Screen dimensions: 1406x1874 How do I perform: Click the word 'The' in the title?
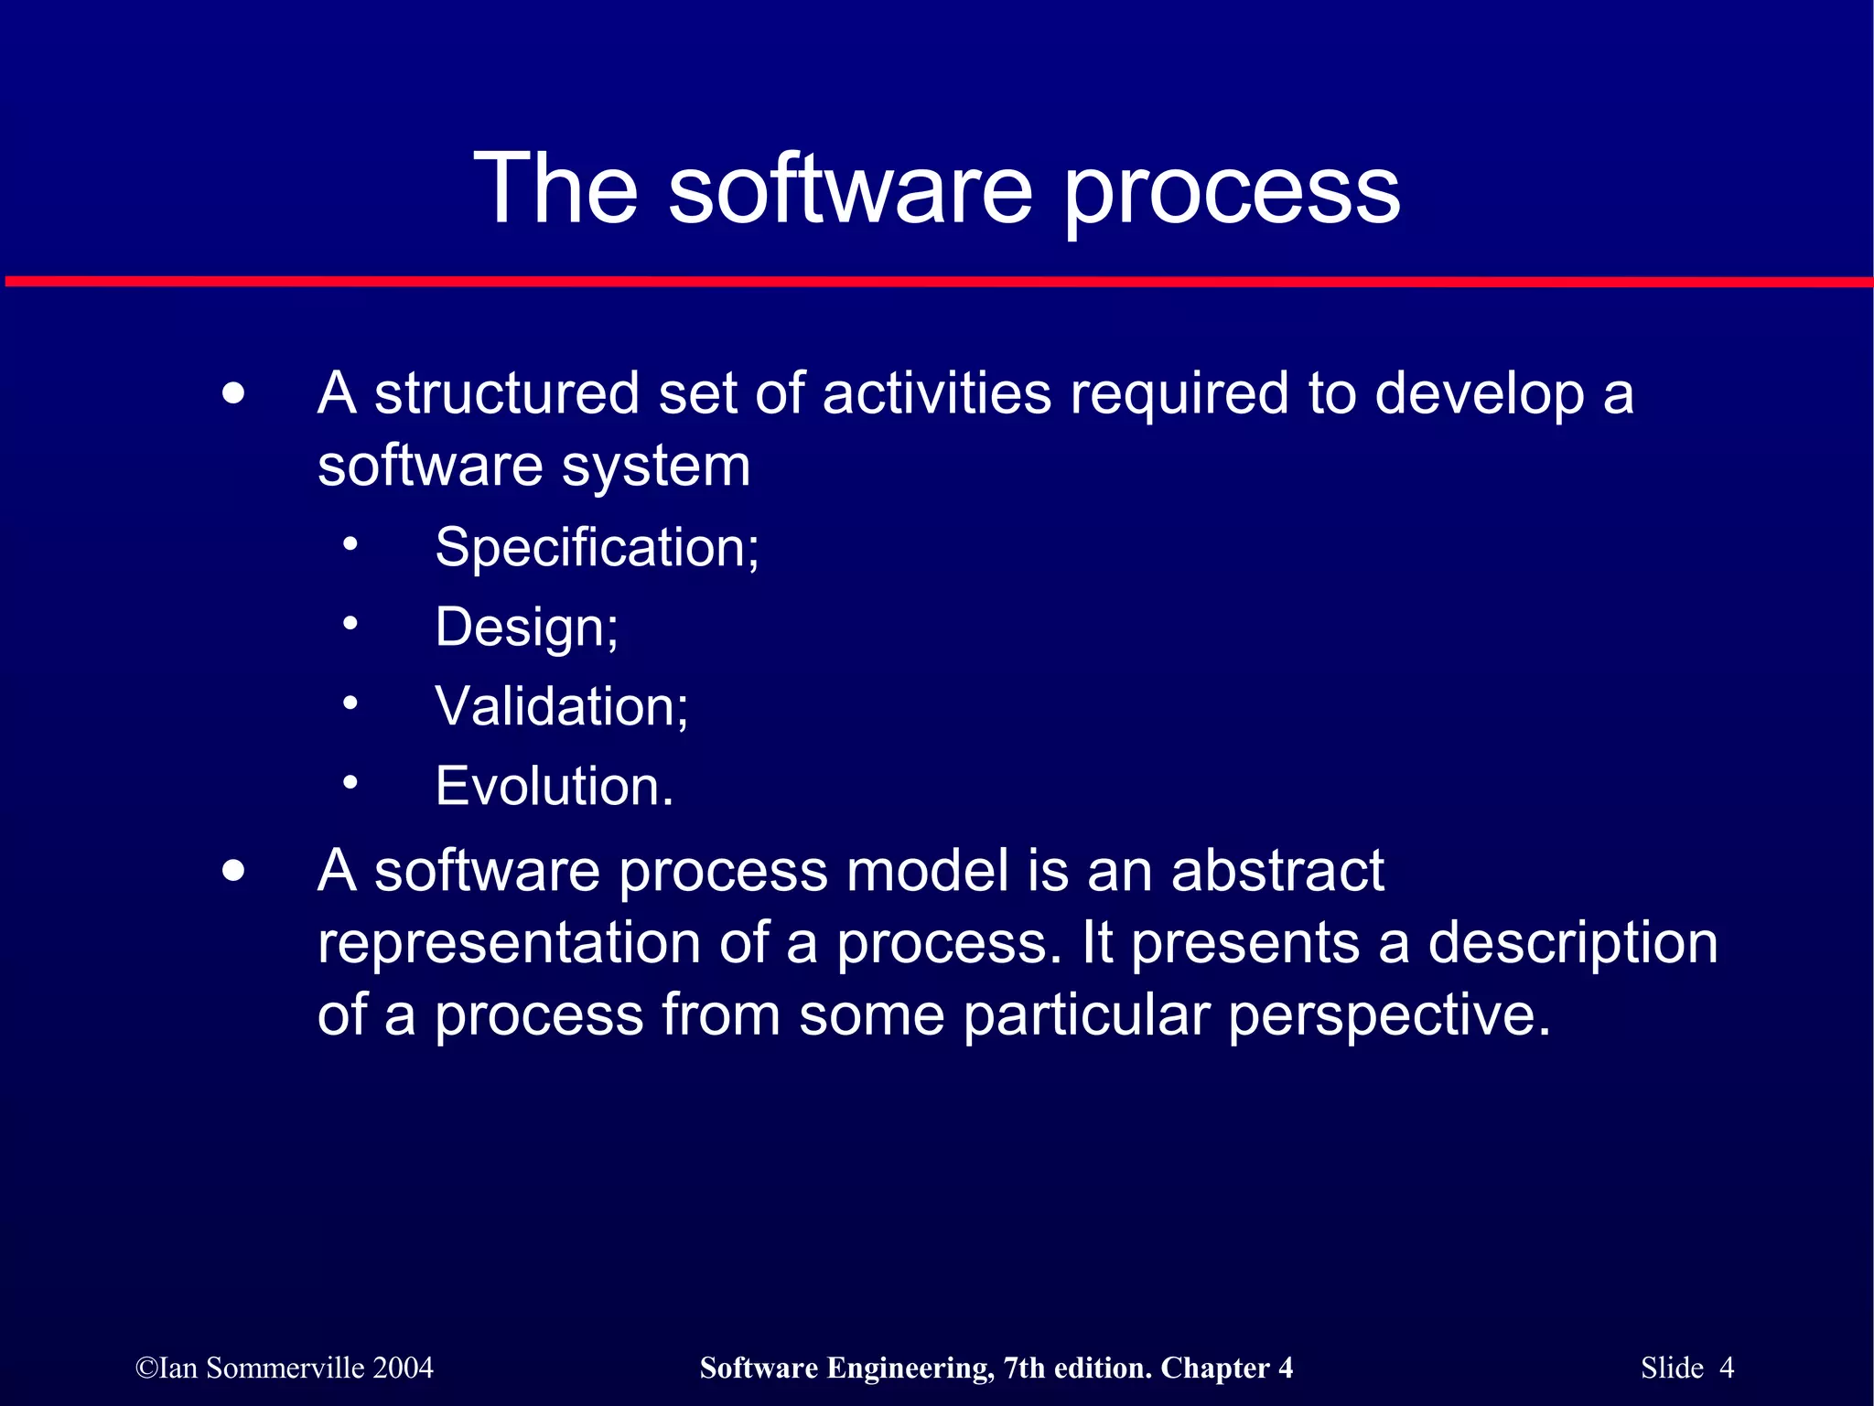pos(555,188)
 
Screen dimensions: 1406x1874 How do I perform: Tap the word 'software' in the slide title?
pos(850,188)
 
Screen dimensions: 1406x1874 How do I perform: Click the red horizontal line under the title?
pos(937,282)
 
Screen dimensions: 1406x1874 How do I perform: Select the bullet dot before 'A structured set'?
pos(234,394)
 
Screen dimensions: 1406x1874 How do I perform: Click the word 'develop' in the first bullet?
pos(1479,395)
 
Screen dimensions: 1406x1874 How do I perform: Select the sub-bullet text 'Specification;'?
pos(597,548)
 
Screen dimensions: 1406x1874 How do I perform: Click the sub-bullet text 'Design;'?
pos(527,628)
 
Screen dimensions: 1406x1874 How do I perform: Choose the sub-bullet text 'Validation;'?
pos(562,707)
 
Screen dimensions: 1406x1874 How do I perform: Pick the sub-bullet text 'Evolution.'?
pos(555,787)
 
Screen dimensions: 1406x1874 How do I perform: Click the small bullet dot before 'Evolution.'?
pos(350,783)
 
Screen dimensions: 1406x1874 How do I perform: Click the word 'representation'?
pos(509,944)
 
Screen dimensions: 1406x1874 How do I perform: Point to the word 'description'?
pos(1572,944)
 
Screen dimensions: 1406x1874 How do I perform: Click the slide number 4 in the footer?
pos(1726,1368)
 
